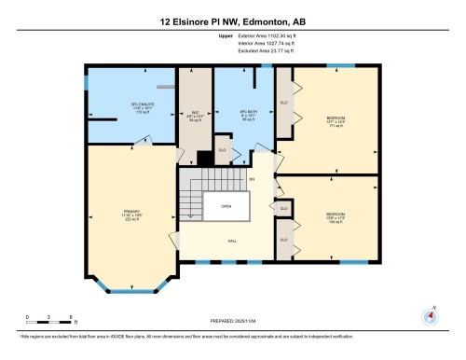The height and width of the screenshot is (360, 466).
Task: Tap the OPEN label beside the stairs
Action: coord(226,207)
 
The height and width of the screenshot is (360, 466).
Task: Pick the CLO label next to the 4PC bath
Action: coord(222,149)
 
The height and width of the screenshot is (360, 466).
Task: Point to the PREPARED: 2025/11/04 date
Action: coord(233,319)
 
